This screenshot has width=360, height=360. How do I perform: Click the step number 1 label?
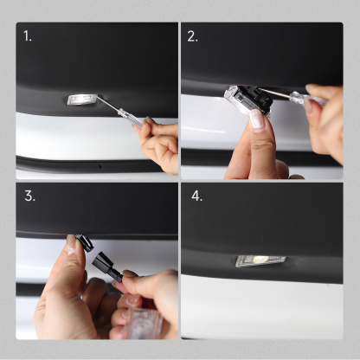[x=29, y=36]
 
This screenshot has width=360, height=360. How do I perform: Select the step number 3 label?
[x=29, y=196]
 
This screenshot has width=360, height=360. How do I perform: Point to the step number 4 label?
[x=196, y=196]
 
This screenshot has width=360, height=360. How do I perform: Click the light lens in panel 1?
[x=81, y=100]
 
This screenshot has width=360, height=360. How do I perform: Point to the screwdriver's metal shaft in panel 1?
[x=112, y=107]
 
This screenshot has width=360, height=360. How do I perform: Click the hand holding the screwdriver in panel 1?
[x=160, y=143]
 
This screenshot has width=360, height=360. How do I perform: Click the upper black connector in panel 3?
[x=85, y=243]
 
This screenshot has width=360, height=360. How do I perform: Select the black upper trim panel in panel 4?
[x=260, y=221]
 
